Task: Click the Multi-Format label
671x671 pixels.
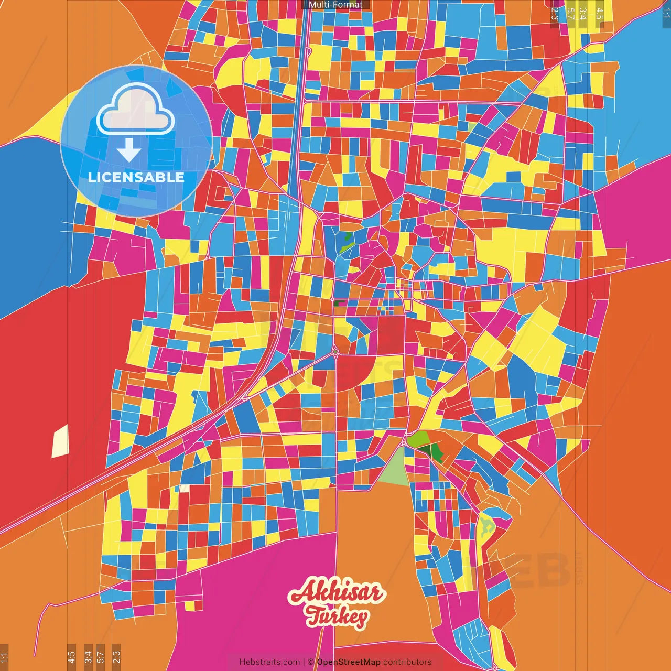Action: [335, 5]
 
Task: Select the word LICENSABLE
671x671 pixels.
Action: [136, 177]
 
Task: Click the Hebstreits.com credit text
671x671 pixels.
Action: [269, 662]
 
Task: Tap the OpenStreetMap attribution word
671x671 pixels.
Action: [349, 662]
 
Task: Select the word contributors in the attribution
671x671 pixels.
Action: [407, 662]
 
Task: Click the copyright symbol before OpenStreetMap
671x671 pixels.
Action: [311, 662]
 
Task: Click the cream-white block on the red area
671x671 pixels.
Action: [60, 441]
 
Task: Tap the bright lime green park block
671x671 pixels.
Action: [419, 439]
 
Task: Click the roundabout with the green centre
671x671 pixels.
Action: [335, 351]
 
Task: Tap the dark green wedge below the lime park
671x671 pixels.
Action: [436, 451]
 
